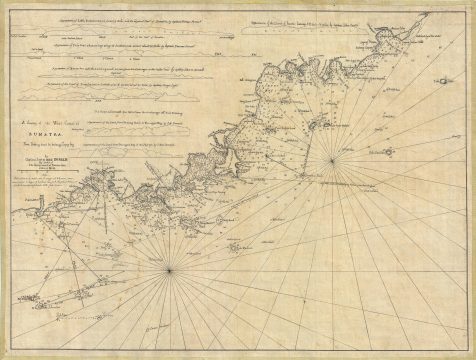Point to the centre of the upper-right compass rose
(333, 156)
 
